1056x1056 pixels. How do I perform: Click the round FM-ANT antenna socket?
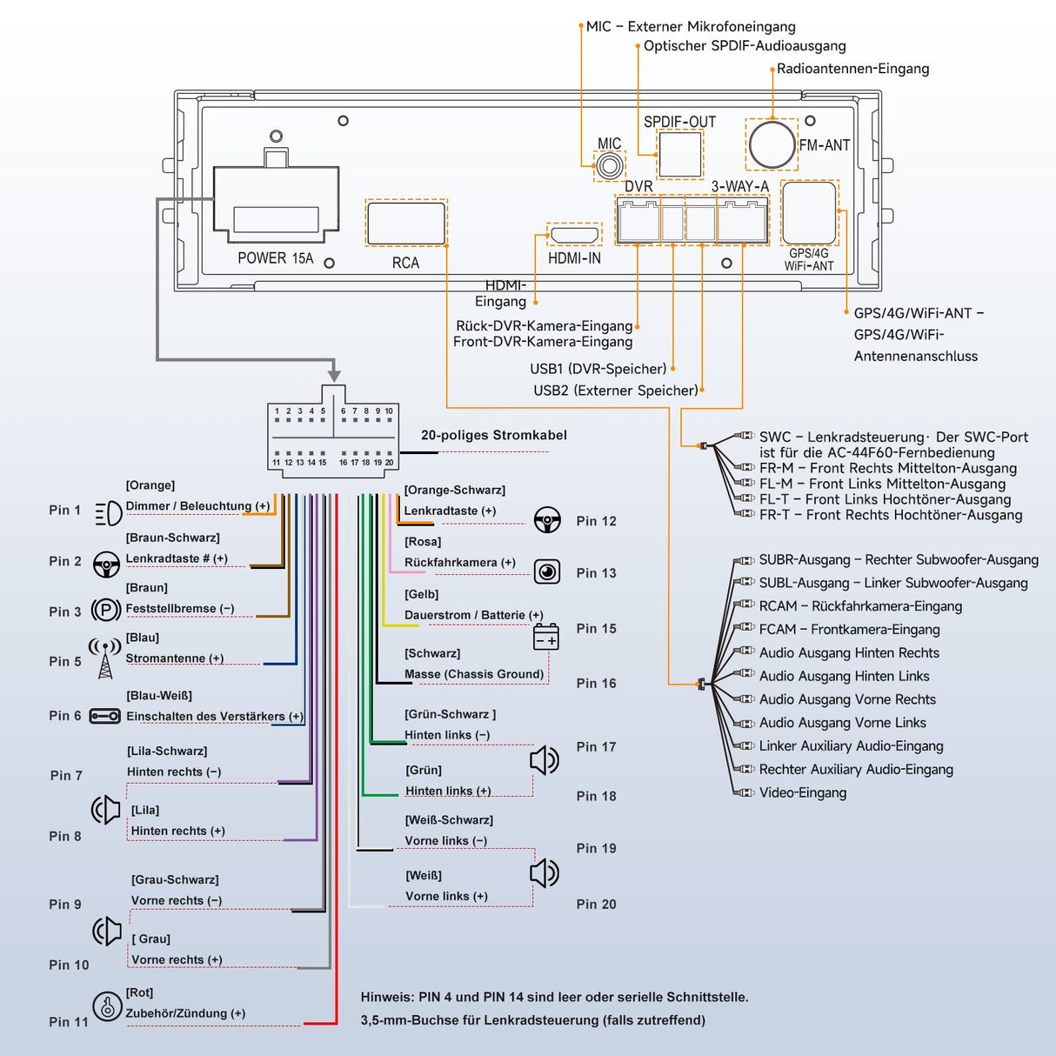coord(772,144)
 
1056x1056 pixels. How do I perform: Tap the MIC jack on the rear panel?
coord(609,165)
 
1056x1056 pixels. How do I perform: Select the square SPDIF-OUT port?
coord(679,154)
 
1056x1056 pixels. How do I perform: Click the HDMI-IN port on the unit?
coord(573,235)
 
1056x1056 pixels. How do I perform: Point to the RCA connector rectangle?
coord(406,224)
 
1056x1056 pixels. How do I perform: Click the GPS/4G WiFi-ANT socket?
coord(809,212)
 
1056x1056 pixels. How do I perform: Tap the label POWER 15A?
coord(275,258)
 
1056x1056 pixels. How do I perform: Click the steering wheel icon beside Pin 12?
coord(547,519)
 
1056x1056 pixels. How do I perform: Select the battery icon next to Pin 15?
coord(545,638)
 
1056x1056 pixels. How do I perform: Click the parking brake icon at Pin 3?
coord(106,610)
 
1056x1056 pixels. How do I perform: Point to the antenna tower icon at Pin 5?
coord(105,658)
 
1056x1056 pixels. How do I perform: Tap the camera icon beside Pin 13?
coord(547,571)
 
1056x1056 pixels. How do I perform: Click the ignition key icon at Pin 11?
coord(107,1006)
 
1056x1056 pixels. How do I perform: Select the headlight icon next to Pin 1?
coord(108,513)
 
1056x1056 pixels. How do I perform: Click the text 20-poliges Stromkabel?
coord(493,435)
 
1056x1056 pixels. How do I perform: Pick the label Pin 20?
coord(596,905)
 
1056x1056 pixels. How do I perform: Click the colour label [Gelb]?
coord(421,594)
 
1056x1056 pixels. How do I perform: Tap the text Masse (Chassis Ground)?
coord(473,674)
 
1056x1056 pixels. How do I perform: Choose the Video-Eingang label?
coord(802,792)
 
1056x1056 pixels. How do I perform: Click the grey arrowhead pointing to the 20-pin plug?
coord(334,374)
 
